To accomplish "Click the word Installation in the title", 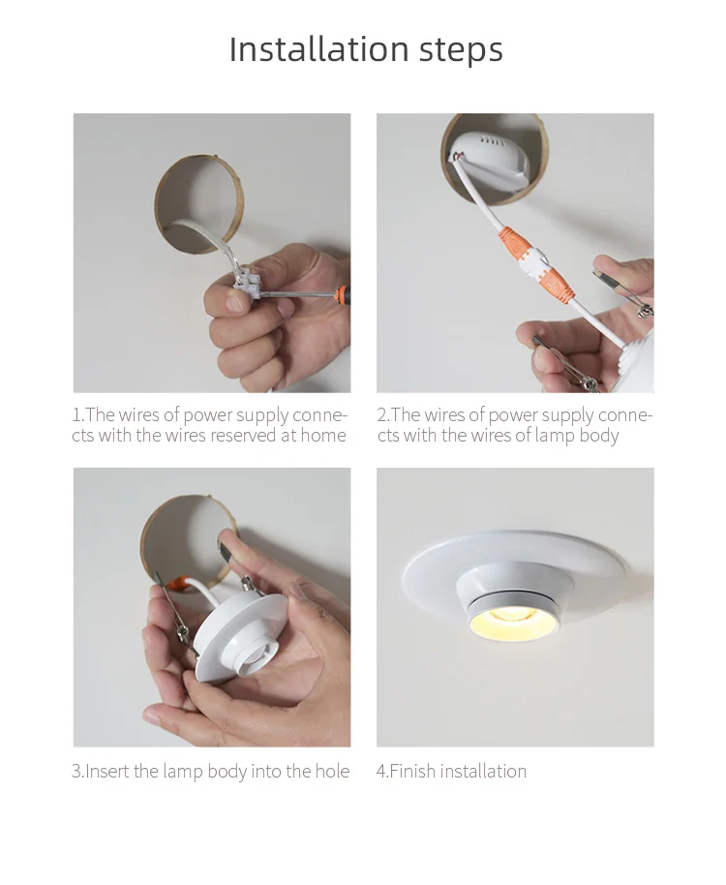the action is point(318,48).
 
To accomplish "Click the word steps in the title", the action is point(461,50).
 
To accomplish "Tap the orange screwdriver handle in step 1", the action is point(341,294).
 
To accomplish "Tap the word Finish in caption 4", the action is point(413,771).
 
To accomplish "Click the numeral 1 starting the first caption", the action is point(76,415).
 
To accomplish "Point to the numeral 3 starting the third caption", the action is point(76,772).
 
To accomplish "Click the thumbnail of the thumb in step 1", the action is point(234,305).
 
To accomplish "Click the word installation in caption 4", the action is point(483,771).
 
